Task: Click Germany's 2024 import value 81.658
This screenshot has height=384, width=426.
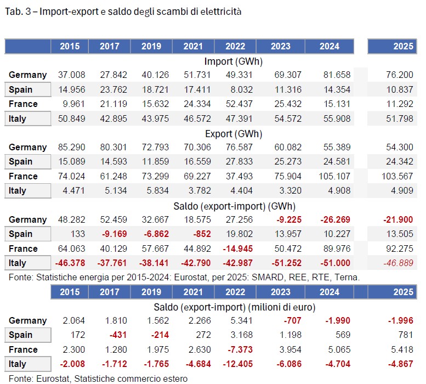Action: tap(337, 75)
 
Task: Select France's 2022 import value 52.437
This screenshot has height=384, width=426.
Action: tap(239, 104)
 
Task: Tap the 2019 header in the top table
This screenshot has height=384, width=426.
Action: tap(151, 46)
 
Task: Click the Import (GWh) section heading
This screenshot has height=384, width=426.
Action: tap(234, 61)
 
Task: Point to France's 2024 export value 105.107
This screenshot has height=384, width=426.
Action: tap(334, 176)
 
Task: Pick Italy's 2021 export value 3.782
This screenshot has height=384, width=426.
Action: tap(200, 190)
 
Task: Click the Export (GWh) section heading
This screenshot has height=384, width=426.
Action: tap(234, 134)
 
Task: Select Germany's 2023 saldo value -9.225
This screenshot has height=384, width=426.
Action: tap(289, 219)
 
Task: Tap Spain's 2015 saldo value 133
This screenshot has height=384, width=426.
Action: tap(78, 234)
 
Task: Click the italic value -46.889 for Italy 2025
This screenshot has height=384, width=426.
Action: tap(398, 263)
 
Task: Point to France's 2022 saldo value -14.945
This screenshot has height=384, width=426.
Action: tap(238, 249)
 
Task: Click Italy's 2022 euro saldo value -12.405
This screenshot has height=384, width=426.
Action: tap(238, 364)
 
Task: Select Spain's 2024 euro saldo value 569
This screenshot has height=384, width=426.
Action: tap(343, 335)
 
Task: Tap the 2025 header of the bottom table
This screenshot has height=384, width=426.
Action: tap(403, 292)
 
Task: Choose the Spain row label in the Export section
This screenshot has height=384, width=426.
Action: tap(21, 162)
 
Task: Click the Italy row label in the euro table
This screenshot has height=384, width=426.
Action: tap(18, 364)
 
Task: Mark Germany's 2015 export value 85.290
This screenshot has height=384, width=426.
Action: tap(71, 148)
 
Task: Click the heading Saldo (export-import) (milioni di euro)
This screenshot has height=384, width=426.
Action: tap(235, 307)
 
